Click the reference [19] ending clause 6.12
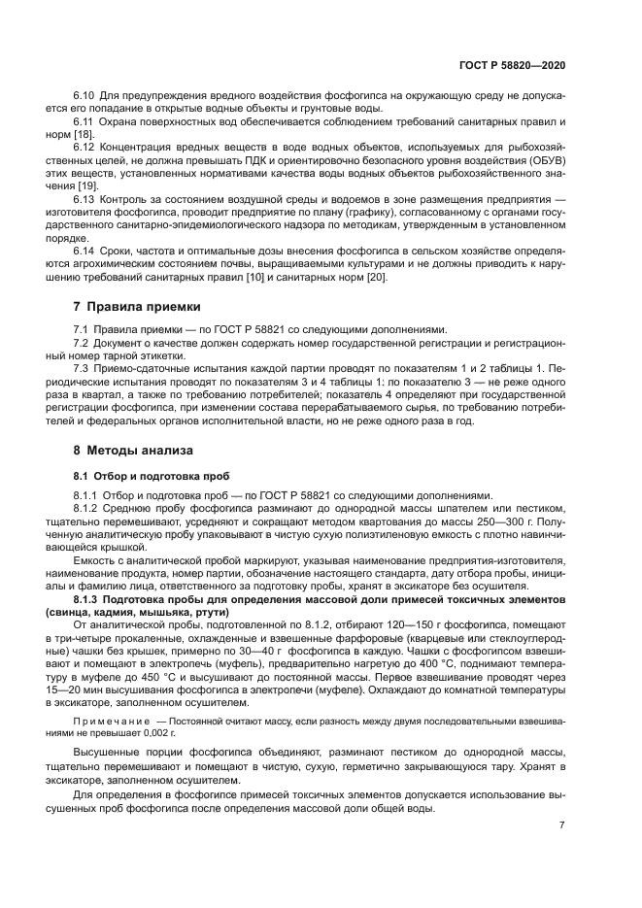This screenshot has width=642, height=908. click(86, 183)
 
